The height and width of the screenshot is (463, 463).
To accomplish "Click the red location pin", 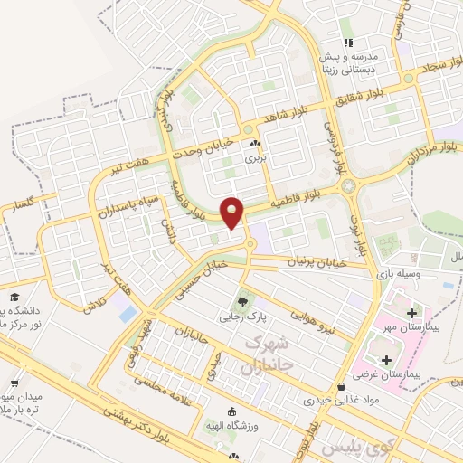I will [x=233, y=213].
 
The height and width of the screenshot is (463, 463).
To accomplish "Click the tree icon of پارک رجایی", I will [x=241, y=302].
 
